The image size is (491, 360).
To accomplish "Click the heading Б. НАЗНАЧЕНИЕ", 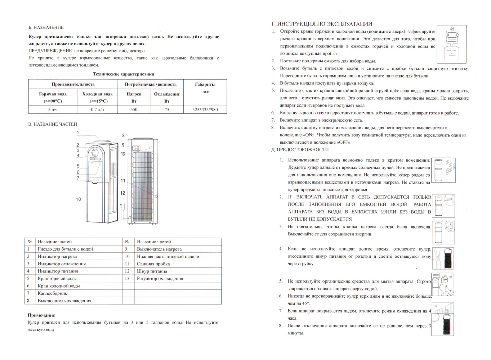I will coord(46,27).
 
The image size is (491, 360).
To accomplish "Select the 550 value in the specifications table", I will coord(134,109).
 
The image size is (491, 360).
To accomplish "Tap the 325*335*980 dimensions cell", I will coord(205,109).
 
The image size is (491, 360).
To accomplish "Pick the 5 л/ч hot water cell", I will coord(53,109).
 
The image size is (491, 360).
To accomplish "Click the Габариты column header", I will coord(205,84).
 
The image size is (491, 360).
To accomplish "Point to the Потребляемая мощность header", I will coord(151,84).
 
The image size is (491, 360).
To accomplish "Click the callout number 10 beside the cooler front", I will coord(79,199).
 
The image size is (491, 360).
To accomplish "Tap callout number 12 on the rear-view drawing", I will coord(122,193).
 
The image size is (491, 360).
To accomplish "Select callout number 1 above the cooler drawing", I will coord(78,133).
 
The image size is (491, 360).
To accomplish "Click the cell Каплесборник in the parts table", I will coord(52,293).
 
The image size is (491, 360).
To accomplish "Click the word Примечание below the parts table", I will coord(41,315).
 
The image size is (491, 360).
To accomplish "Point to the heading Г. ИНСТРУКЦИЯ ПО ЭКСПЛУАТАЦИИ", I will coord(322,24).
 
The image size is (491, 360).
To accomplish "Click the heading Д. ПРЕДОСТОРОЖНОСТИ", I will coord(300,149).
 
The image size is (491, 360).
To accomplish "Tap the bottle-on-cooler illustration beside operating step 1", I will coord(451,44).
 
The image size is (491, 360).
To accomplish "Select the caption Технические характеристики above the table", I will coord(124,74).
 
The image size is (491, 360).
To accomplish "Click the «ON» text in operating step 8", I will coord(309,135).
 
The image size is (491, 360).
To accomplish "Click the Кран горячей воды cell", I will coord(57,278).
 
